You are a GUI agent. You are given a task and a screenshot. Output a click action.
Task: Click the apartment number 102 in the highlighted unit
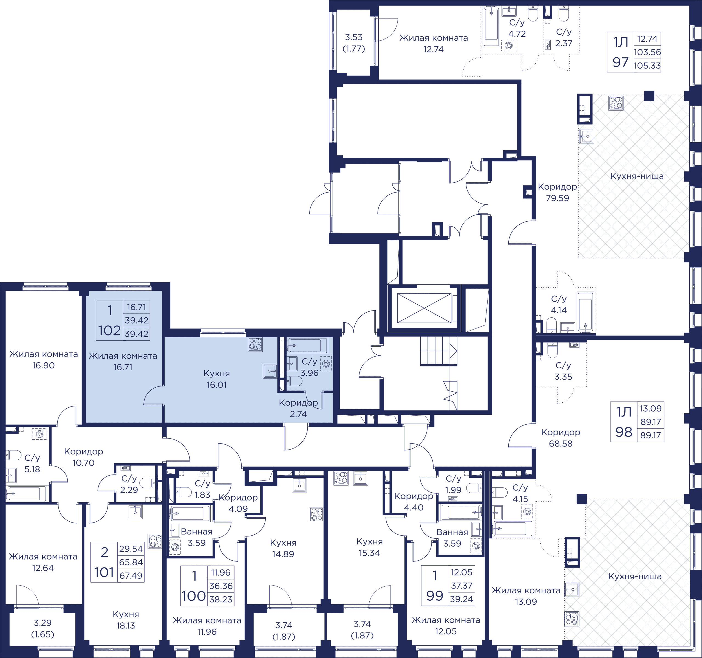coord(109,331)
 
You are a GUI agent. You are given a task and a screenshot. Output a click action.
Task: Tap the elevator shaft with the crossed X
coord(424,308)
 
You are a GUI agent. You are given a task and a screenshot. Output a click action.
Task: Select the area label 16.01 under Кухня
coord(216,385)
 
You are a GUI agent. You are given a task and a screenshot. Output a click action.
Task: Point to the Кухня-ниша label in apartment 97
coord(637,176)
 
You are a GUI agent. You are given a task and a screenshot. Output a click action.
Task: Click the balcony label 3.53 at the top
coord(354,37)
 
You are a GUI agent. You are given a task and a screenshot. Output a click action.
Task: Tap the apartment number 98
coord(624,432)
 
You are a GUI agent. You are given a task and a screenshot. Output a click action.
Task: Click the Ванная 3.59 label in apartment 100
coord(197,537)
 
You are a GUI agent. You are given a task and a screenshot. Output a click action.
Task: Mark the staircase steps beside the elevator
coord(438,351)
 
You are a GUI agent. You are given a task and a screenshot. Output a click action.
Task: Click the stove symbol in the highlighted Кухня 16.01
coord(255,344)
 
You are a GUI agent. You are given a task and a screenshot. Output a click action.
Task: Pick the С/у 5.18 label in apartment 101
coord(32,463)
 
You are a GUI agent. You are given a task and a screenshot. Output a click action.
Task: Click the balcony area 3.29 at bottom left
coord(43,623)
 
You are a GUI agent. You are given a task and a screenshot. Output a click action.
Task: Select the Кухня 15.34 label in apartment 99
coord(369,547)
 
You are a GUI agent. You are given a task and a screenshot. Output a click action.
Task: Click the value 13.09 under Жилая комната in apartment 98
coord(526,601)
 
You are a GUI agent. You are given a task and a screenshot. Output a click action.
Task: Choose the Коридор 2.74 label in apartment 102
coord(298,408)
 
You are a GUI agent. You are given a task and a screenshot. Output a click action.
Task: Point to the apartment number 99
coord(434,596)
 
